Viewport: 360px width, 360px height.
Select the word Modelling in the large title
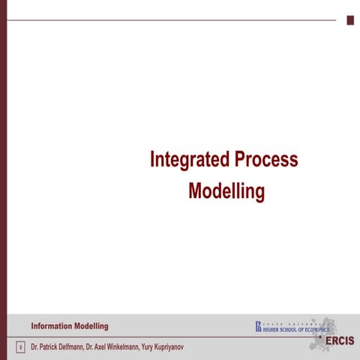click(226, 191)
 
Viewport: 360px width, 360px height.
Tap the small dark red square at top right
click(350, 20)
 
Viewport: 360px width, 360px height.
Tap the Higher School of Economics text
click(295, 328)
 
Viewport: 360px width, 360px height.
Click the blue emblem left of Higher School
click(257, 326)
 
